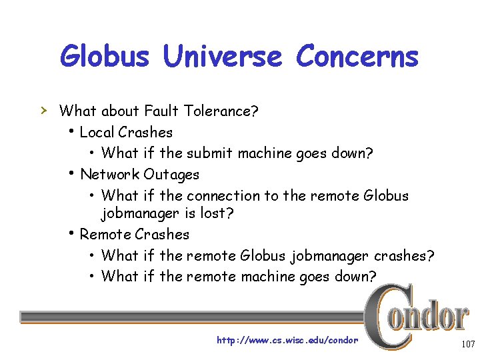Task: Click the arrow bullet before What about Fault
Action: pos(45,109)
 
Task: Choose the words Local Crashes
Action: pos(126,132)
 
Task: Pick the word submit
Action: pos(209,153)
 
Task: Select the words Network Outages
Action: pos(139,175)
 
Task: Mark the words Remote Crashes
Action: pos(134,235)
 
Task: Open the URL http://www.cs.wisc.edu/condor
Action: pos(287,341)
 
